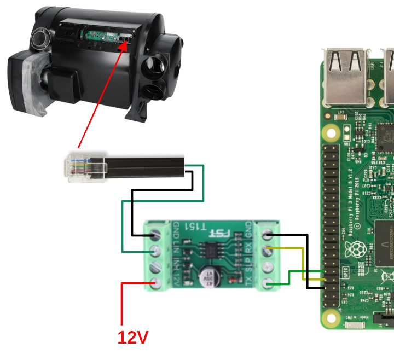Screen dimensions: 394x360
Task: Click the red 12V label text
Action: [x=133, y=337]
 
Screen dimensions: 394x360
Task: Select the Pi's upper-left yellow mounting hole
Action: [x=331, y=132]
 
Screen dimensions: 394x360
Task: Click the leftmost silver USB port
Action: [x=345, y=77]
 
